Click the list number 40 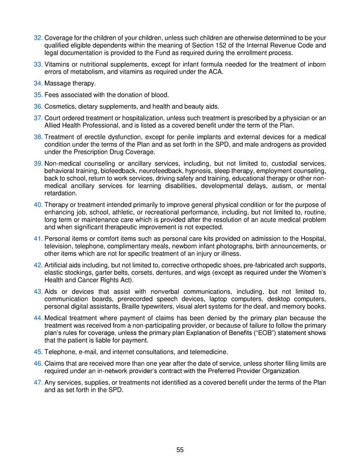tap(38, 205)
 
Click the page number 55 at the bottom tap(180, 449)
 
